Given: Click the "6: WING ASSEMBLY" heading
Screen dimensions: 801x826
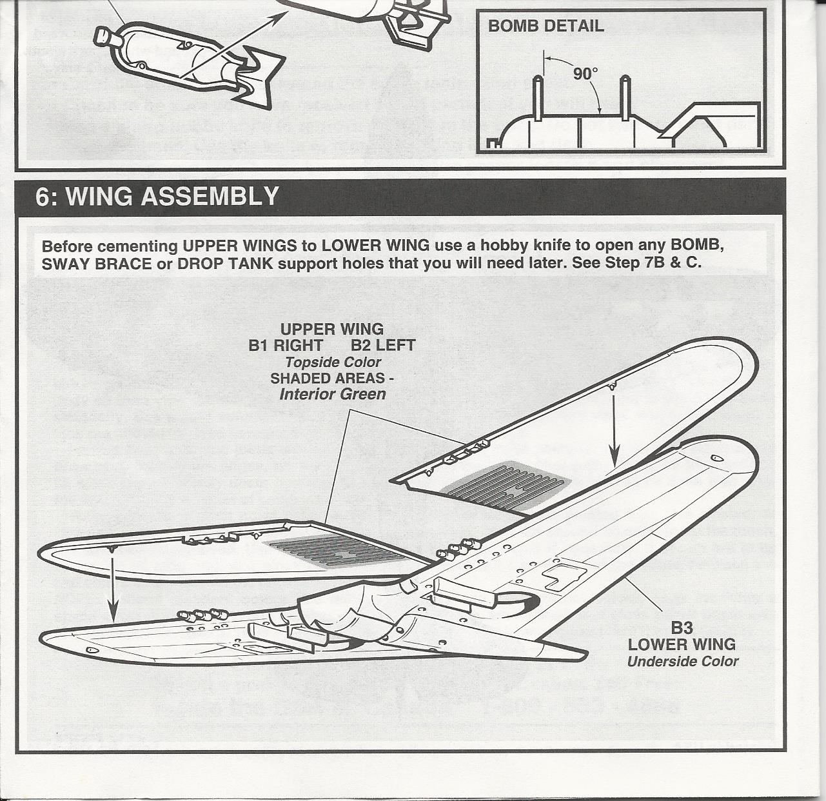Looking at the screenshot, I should pyautogui.click(x=157, y=196).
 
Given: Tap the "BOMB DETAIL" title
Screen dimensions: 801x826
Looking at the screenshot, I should pyautogui.click(x=546, y=26).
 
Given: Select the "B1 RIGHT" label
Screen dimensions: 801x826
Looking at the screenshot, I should pyautogui.click(x=285, y=346).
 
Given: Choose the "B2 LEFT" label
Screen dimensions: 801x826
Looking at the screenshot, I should pyautogui.click(x=383, y=346).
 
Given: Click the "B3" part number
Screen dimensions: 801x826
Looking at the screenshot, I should pyautogui.click(x=682, y=628).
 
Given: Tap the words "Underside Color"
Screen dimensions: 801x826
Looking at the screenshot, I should pyautogui.click(x=682, y=661).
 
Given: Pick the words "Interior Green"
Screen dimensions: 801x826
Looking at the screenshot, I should pyautogui.click(x=333, y=394).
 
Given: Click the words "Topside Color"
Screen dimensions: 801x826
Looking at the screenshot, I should pyautogui.click(x=333, y=362).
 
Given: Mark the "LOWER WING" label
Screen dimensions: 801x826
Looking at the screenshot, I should pyautogui.click(x=682, y=644).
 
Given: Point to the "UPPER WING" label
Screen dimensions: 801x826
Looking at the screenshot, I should pyautogui.click(x=331, y=330).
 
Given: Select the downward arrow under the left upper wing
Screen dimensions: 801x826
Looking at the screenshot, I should pyautogui.click(x=113, y=587).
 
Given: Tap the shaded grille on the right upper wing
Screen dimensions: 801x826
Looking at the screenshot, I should pyautogui.click(x=506, y=484).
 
